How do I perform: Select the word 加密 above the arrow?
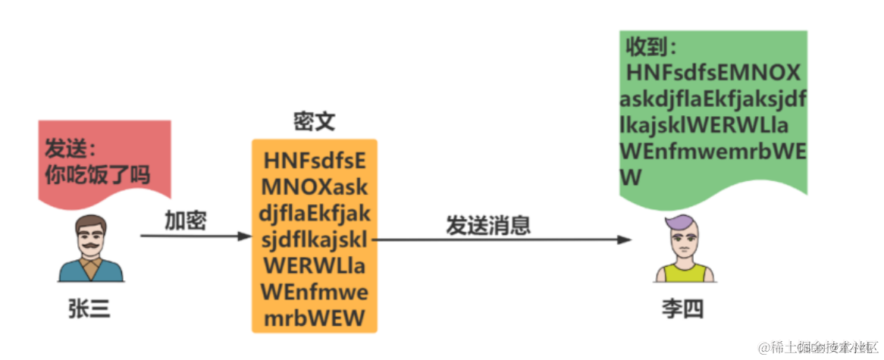coord(186,221)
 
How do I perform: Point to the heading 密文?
coord(314,123)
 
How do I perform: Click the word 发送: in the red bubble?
coord(72,147)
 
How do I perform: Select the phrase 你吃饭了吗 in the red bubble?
coord(97,174)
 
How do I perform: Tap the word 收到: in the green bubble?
coord(650,48)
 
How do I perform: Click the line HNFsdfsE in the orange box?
coord(315,161)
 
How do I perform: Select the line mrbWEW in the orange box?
coord(315,318)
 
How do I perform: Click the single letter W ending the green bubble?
coord(631,178)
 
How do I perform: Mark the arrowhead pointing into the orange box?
coord(245,236)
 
